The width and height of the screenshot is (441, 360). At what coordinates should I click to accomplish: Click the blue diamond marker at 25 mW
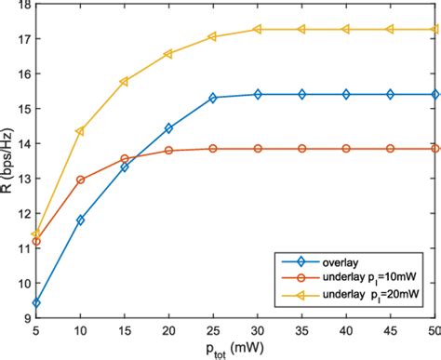coord(213,98)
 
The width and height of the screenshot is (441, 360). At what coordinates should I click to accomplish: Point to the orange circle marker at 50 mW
coord(434,148)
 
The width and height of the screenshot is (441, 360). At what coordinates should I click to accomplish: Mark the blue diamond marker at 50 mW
coord(434,94)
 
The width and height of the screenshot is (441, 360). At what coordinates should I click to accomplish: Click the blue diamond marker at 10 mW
coord(80,220)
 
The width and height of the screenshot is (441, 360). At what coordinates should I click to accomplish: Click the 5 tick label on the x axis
coord(36,330)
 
